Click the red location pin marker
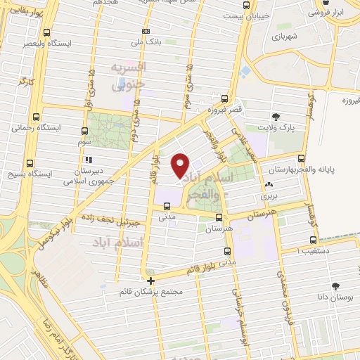(180, 165)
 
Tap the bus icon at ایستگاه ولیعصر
(47, 32)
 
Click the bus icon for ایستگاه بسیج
(30, 161)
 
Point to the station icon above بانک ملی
(146, 31)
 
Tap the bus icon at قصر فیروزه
(224, 98)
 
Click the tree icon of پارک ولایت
(274, 117)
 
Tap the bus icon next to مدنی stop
(167, 207)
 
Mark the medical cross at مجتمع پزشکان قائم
(148, 280)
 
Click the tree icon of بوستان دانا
(335, 286)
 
